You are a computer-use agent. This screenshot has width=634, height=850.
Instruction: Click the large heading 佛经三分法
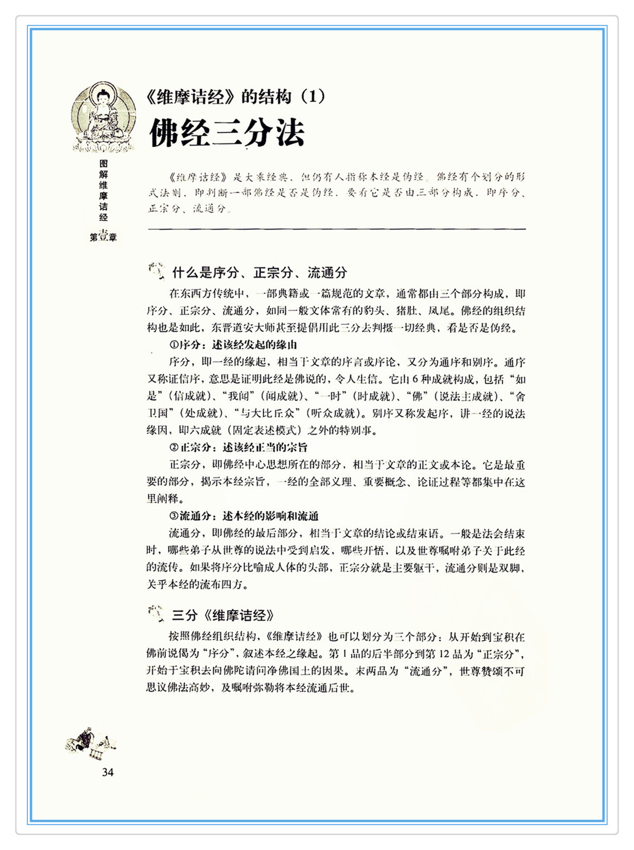(227, 133)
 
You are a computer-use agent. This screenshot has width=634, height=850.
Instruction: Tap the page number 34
(108, 772)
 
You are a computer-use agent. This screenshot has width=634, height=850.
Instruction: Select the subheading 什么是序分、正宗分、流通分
(259, 273)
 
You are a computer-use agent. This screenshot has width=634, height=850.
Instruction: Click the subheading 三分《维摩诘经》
(223, 615)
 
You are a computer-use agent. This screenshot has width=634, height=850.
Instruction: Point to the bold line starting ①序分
(233, 345)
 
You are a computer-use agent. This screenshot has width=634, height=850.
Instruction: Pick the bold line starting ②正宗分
(238, 447)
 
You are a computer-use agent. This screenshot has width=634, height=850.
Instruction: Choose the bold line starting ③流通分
(243, 516)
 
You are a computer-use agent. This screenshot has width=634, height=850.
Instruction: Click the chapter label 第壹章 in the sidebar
(103, 237)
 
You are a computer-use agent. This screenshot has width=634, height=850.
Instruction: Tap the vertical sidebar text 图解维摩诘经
(104, 190)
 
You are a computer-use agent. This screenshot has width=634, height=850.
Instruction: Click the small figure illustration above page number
(91, 742)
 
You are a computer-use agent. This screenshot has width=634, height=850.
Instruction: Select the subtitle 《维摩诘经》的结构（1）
(235, 97)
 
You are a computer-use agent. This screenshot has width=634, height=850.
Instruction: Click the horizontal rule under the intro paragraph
(337, 229)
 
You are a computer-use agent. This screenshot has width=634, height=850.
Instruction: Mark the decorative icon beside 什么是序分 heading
(156, 271)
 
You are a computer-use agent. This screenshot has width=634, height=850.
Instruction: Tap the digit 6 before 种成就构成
(415, 379)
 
